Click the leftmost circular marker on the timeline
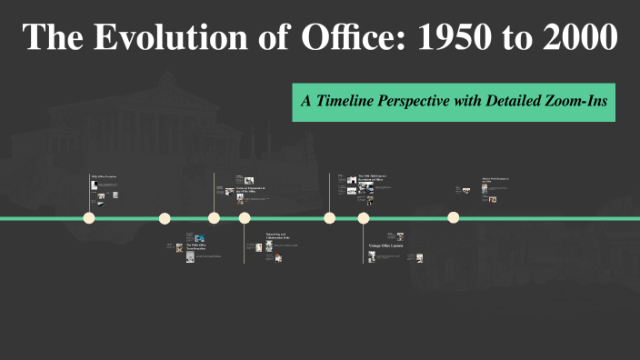(89, 218)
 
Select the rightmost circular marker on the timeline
(454, 218)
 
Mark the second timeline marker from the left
(165, 218)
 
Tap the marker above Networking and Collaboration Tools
(245, 218)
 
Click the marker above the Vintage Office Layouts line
(364, 218)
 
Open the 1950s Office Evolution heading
(104, 175)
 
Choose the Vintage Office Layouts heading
(385, 247)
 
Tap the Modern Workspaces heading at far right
(496, 180)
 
